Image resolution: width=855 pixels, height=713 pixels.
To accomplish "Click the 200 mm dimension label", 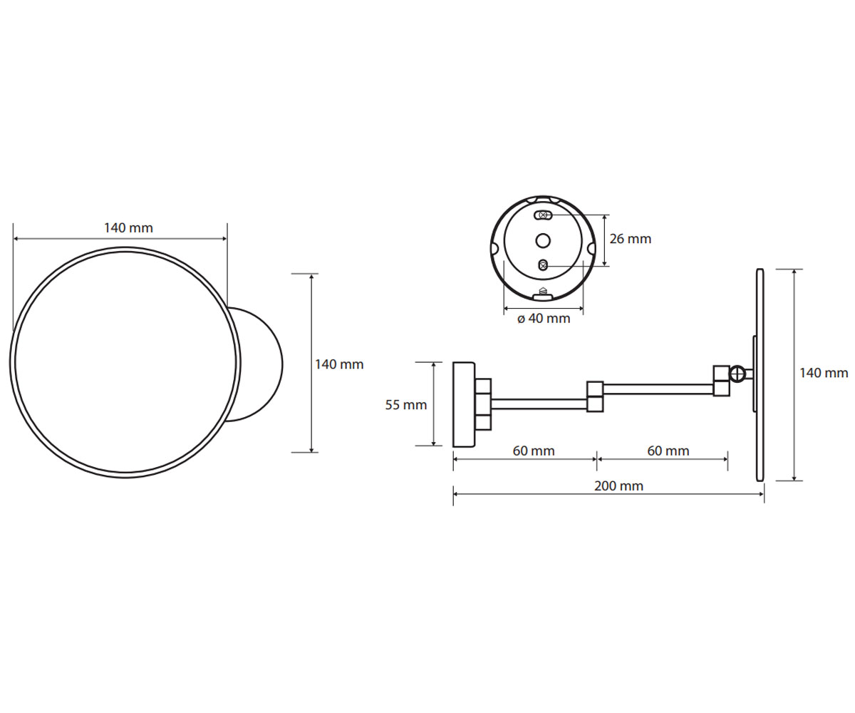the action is coord(618,486).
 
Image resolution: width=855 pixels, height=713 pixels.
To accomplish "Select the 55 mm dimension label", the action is coord(406,405).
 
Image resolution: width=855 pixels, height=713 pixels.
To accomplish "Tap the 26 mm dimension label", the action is coord(630,239).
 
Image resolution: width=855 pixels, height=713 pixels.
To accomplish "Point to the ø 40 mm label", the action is coord(544,319).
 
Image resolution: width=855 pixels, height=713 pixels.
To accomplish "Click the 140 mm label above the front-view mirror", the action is coord(128,228).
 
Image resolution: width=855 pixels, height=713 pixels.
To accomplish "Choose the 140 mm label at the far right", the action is coord(824,373).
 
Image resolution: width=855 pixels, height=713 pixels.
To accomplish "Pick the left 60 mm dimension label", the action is coord(534,451).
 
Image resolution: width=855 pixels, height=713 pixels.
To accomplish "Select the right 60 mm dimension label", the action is coord(668,451).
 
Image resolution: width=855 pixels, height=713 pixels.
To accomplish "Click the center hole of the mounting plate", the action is coord(543,241).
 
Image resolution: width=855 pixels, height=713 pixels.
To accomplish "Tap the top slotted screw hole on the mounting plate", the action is coord(544,215).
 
